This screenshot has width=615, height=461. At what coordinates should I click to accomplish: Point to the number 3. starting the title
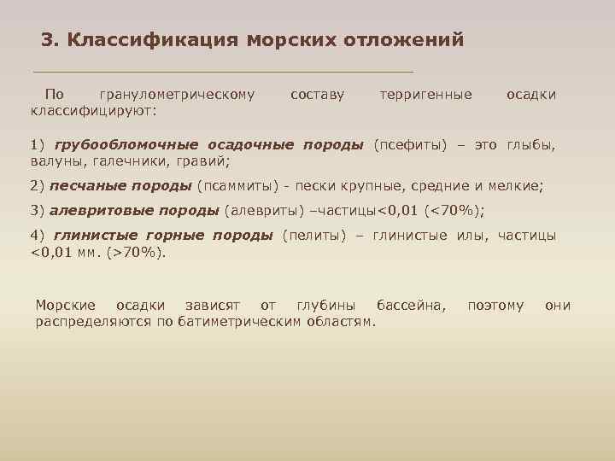tap(50, 39)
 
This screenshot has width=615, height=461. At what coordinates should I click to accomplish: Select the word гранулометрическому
tap(177, 94)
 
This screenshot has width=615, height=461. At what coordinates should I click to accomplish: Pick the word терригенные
tap(425, 94)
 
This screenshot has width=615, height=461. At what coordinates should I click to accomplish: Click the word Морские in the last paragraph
tap(71, 306)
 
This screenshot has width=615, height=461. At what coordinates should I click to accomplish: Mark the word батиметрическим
tap(261, 321)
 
